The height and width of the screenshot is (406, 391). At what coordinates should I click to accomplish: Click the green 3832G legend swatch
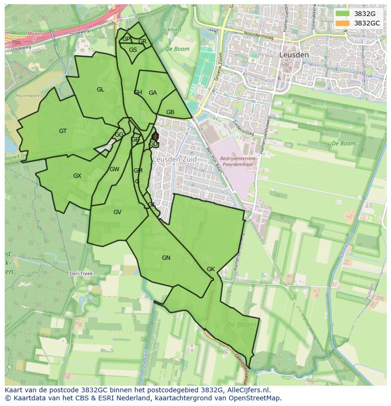(343, 14)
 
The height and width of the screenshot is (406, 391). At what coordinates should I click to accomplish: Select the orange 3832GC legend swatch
(343, 23)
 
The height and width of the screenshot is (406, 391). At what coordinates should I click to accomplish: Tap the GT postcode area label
(63, 131)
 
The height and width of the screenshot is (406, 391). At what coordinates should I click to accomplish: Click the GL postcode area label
(101, 90)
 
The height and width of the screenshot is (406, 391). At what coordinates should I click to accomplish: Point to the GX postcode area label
(77, 176)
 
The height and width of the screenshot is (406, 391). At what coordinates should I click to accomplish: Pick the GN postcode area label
(166, 258)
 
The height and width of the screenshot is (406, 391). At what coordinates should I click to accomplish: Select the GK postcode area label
(211, 269)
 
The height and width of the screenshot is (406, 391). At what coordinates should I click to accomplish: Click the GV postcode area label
(117, 212)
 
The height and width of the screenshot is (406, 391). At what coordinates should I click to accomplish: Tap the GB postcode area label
(170, 112)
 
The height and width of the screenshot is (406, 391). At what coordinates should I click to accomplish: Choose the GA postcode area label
(153, 93)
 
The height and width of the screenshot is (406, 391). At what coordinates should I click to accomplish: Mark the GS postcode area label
(133, 50)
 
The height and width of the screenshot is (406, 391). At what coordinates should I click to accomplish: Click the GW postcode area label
(114, 169)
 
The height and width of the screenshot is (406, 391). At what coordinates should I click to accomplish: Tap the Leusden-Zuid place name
(174, 160)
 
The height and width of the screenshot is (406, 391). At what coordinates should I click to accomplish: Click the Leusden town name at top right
(294, 55)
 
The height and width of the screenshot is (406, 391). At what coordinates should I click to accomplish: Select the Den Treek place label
(81, 273)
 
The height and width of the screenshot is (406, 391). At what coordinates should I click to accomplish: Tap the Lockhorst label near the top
(171, 30)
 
